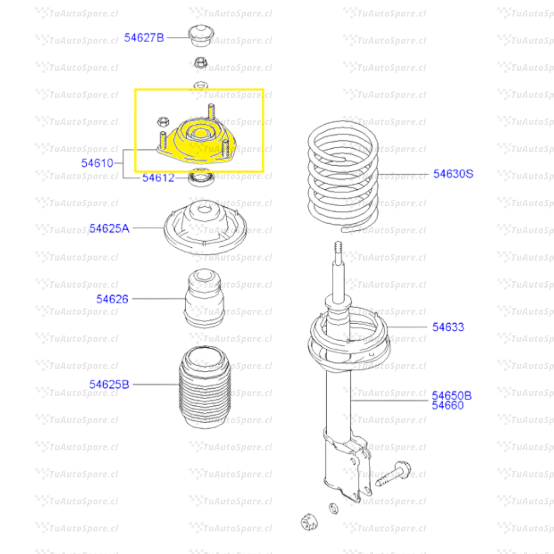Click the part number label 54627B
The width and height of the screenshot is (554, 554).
click(x=144, y=37)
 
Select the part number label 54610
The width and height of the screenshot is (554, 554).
click(x=97, y=163)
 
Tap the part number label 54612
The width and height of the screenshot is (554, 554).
click(x=159, y=177)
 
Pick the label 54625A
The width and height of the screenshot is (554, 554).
click(x=109, y=228)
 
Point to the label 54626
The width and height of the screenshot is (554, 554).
click(x=112, y=299)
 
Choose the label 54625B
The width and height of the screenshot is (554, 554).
click(x=109, y=384)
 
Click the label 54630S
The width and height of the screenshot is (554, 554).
click(x=453, y=173)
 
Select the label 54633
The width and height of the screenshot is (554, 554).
click(x=448, y=327)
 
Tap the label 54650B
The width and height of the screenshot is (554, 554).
click(x=451, y=395)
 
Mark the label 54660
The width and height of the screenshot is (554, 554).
click(x=448, y=405)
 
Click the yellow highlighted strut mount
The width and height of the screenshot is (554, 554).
click(x=196, y=142)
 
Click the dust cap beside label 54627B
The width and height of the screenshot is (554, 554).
click(x=201, y=35)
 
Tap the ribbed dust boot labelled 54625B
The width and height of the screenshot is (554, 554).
click(x=205, y=387)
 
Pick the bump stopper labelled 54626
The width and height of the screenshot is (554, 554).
click(x=204, y=298)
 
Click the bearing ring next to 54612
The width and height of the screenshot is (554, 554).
click(x=201, y=177)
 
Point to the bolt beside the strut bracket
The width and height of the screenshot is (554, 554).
click(x=393, y=473)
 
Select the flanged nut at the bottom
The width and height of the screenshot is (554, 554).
click(x=309, y=522)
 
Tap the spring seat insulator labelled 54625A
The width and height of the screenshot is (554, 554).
click(x=205, y=228)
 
